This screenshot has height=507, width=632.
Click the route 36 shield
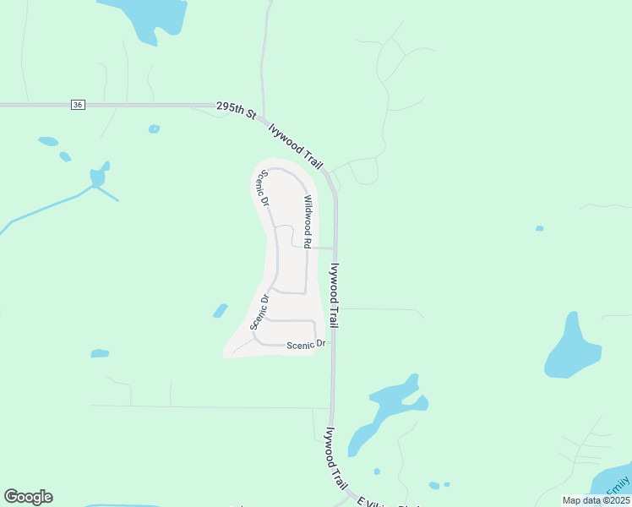point(78,105)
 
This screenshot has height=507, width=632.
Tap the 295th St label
point(236,109)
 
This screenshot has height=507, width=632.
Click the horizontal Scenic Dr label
point(306,345)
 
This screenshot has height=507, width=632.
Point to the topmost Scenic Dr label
point(264,189)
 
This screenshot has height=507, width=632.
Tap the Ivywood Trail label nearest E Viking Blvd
point(335,457)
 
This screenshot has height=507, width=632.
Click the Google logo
point(28,497)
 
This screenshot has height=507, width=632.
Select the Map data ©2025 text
point(595,500)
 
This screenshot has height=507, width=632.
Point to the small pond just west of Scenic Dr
point(221,311)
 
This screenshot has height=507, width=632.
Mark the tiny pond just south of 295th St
point(154,129)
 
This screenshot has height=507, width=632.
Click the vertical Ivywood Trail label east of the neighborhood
point(335,295)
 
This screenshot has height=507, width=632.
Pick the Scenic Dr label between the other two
point(259,311)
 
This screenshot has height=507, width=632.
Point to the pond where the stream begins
point(99,176)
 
